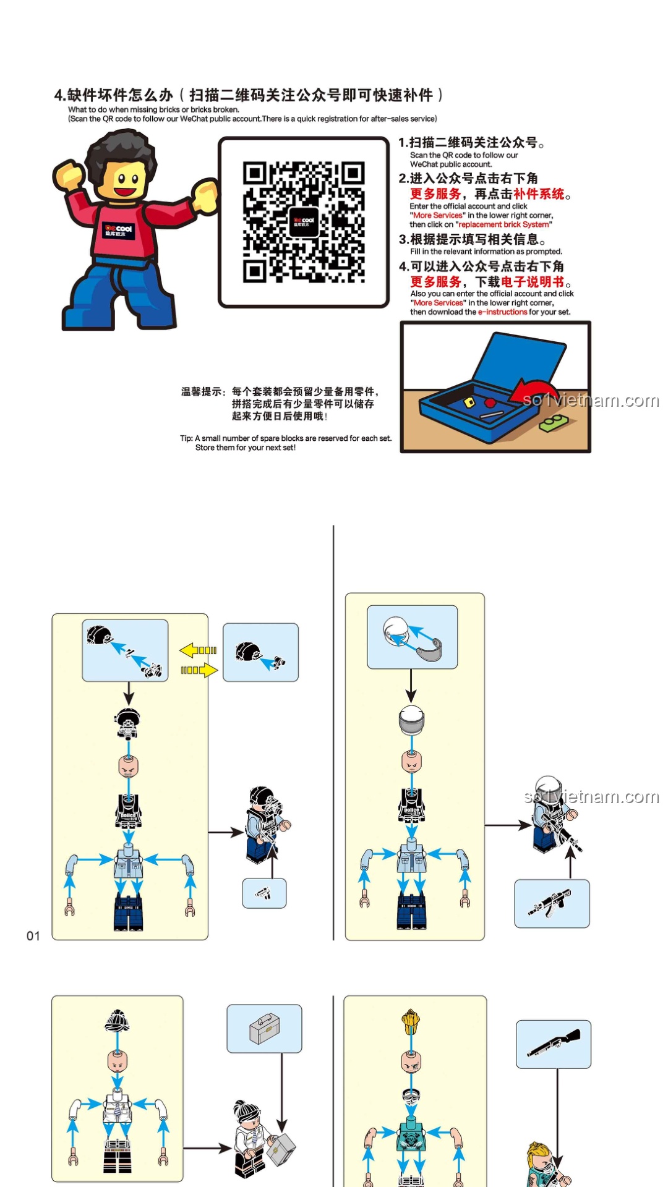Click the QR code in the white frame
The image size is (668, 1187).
[x=303, y=222]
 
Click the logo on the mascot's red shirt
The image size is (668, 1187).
[x=118, y=231]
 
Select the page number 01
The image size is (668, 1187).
[x=33, y=936]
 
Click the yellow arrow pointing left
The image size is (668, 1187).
[x=198, y=650]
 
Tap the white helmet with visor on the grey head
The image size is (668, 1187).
[x=411, y=720]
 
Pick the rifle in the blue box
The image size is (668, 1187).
[x=550, y=903]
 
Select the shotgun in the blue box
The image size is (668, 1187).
[x=554, y=1043]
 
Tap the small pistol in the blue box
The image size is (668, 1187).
[x=263, y=893]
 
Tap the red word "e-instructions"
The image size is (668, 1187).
[x=503, y=312]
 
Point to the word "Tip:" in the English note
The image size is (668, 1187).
[x=186, y=438]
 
